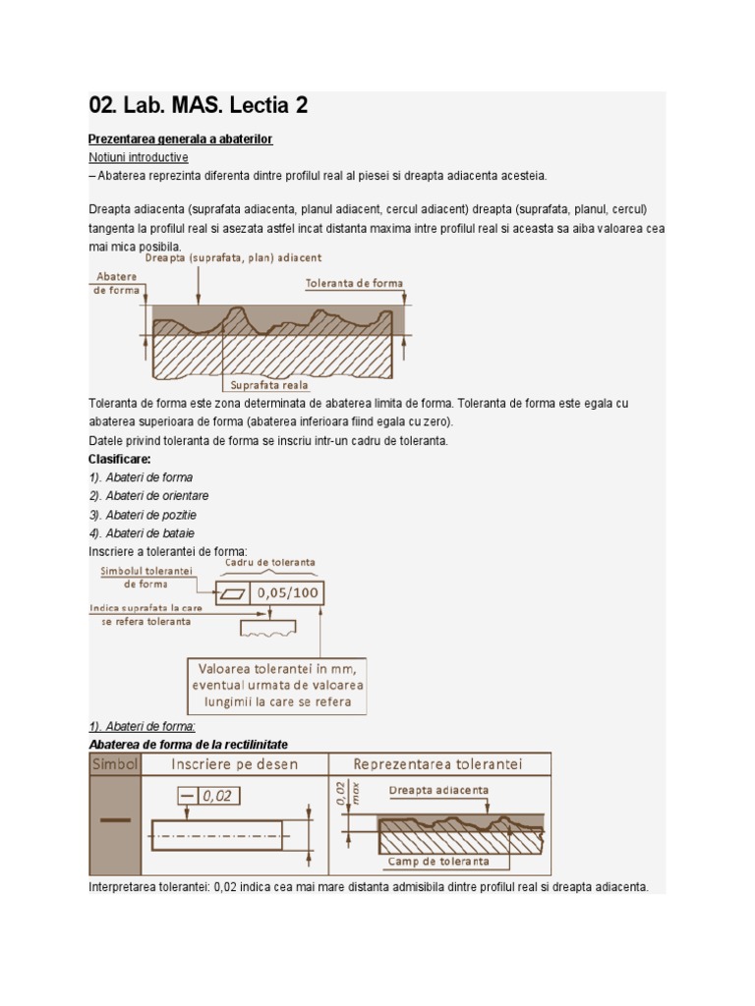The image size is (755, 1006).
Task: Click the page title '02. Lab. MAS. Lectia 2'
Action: pyautogui.click(x=198, y=106)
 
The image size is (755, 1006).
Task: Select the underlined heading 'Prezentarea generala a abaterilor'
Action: pyautogui.click(x=180, y=140)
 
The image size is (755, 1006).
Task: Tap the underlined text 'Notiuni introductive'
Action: pyautogui.click(x=138, y=157)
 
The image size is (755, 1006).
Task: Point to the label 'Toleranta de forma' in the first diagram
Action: pyautogui.click(x=353, y=283)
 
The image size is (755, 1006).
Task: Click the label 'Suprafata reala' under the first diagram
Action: pyautogui.click(x=269, y=385)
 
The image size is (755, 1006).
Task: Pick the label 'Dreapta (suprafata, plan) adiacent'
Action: pyautogui.click(x=233, y=257)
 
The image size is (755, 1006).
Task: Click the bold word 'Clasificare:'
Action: pyautogui.click(x=120, y=459)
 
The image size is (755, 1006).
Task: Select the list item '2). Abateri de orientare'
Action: pyautogui.click(x=148, y=496)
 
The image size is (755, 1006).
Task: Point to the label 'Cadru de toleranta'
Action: pyautogui.click(x=270, y=563)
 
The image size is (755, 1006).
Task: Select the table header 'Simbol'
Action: pyautogui.click(x=115, y=764)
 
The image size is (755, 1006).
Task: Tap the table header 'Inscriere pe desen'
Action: pyautogui.click(x=235, y=764)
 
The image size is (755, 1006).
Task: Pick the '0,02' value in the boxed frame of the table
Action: pyautogui.click(x=217, y=797)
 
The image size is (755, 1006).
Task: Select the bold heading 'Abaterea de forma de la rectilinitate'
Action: pyautogui.click(x=188, y=745)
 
